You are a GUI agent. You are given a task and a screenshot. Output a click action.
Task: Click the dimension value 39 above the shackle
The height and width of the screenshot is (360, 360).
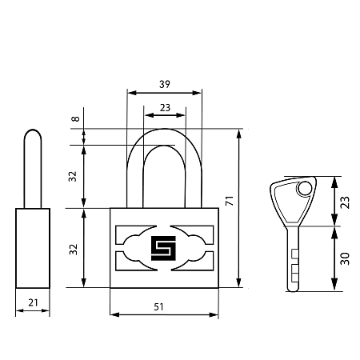click(165, 84)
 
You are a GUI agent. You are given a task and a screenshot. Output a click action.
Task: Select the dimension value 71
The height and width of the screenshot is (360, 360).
click(230, 201)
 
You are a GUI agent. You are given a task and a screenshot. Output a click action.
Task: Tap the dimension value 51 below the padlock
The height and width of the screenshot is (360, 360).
click(158, 307)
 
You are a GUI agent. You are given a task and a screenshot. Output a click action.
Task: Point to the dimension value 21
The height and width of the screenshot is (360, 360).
click(33, 302)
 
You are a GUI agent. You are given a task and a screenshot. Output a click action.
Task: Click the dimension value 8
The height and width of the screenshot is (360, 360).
click(76, 118)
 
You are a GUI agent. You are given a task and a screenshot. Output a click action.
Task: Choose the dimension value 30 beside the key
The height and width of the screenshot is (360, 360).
click(345, 258)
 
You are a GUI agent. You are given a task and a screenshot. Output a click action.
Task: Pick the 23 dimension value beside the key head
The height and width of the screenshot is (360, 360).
click(345, 202)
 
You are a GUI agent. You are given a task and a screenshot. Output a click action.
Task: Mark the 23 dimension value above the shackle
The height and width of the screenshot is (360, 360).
click(165, 107)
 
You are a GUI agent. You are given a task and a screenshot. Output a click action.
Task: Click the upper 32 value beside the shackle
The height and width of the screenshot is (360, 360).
click(73, 177)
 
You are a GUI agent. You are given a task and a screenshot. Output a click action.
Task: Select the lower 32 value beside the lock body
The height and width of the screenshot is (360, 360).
click(73, 250)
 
